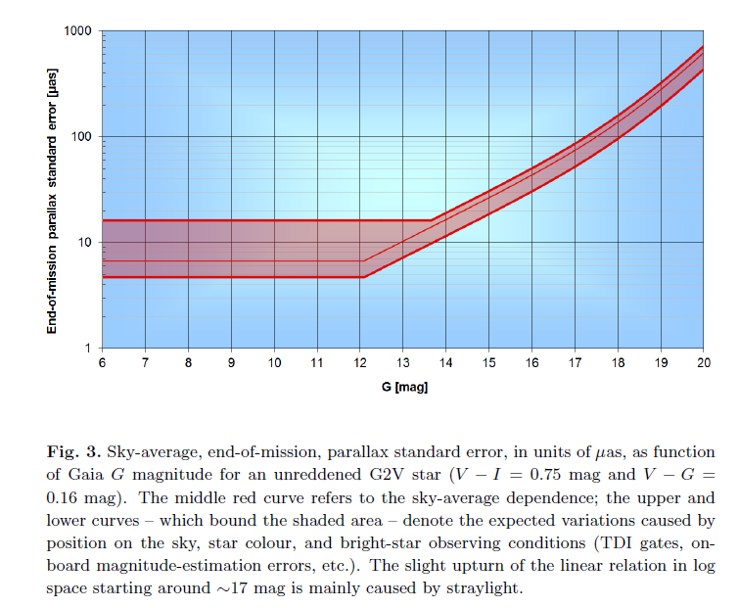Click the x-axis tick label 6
click(102, 363)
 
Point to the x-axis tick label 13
click(402, 363)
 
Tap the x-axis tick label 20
click(703, 363)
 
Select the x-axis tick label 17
click(575, 363)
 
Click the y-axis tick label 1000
click(77, 31)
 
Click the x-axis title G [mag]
click(403, 387)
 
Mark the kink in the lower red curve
click(364, 277)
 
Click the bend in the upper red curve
click(432, 220)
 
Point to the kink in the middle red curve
click(362, 261)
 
